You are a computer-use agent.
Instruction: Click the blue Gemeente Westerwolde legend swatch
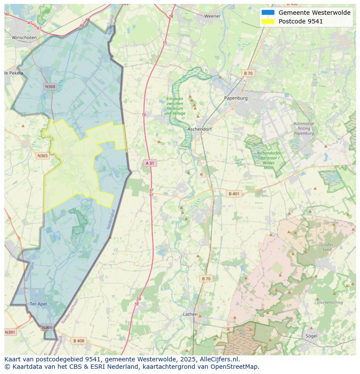268,13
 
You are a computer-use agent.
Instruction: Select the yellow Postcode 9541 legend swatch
268,21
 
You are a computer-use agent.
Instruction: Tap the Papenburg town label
236,98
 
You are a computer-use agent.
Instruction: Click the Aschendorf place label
200,129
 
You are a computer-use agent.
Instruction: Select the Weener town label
212,16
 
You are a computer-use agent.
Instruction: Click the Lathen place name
190,314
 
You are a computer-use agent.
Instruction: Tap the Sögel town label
311,336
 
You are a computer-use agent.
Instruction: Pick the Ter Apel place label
38,304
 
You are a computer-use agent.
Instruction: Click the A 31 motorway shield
150,163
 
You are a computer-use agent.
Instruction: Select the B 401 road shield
234,194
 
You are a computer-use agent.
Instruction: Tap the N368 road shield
50,86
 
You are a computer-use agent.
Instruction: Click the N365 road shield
42,156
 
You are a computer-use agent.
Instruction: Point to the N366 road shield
47,328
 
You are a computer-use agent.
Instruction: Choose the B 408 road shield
79,341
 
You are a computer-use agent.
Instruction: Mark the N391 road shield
10,332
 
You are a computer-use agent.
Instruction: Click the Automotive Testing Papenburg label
303,129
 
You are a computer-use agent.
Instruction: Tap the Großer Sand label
327,247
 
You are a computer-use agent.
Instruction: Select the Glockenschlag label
330,302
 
